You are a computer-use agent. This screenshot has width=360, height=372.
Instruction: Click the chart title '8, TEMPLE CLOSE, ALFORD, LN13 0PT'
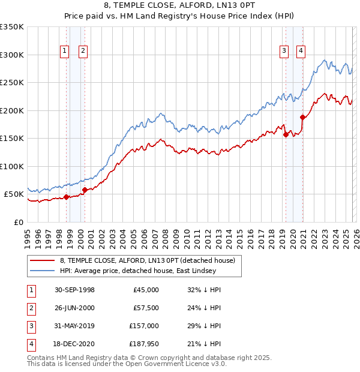click(179, 7)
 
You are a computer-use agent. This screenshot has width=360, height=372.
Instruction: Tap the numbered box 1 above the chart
click(64, 52)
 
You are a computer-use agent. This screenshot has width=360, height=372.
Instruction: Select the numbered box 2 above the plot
click(83, 52)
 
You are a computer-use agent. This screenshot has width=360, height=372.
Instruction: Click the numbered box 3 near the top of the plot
click(283, 52)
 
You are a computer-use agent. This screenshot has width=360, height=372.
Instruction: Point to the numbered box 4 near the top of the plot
click(300, 52)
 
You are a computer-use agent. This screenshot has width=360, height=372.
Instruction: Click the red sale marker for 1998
click(66, 197)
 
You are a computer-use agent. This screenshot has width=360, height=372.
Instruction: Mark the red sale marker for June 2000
click(85, 190)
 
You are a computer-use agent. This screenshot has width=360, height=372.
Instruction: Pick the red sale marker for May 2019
click(286, 135)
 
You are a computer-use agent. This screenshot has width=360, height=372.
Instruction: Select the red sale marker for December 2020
click(302, 118)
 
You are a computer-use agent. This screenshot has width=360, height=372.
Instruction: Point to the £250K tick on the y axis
click(12, 83)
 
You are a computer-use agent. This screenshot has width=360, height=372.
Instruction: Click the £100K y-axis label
click(12, 166)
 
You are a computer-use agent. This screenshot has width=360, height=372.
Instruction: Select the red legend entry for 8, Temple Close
click(150, 260)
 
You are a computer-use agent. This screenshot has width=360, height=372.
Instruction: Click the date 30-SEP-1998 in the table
click(74, 290)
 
